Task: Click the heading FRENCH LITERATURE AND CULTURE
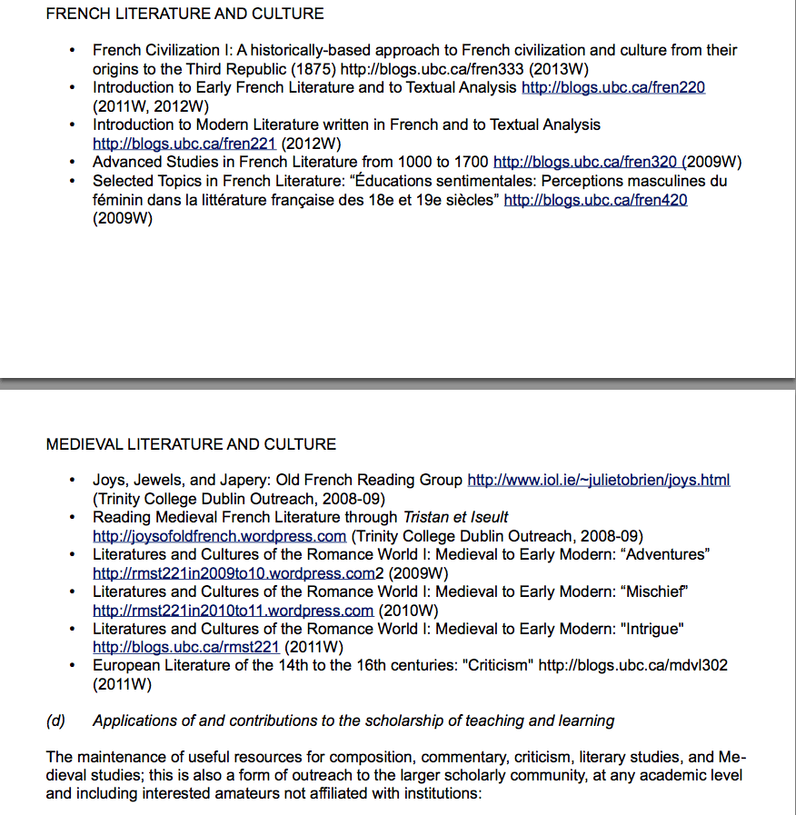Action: pos(184,14)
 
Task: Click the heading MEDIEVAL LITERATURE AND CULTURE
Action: pos(191,444)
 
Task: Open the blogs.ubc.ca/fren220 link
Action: pos(613,87)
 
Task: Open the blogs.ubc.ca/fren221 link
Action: pos(184,144)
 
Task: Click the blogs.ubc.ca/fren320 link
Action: pos(585,163)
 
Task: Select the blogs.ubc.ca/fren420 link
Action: pos(595,200)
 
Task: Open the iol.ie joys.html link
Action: pos(598,480)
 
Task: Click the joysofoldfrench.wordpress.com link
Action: pos(219,536)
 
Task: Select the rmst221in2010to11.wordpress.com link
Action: pos(233,611)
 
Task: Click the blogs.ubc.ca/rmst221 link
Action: pos(186,648)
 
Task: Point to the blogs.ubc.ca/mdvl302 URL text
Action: pos(632,666)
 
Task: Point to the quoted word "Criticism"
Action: pos(497,666)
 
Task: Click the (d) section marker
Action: pos(55,721)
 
